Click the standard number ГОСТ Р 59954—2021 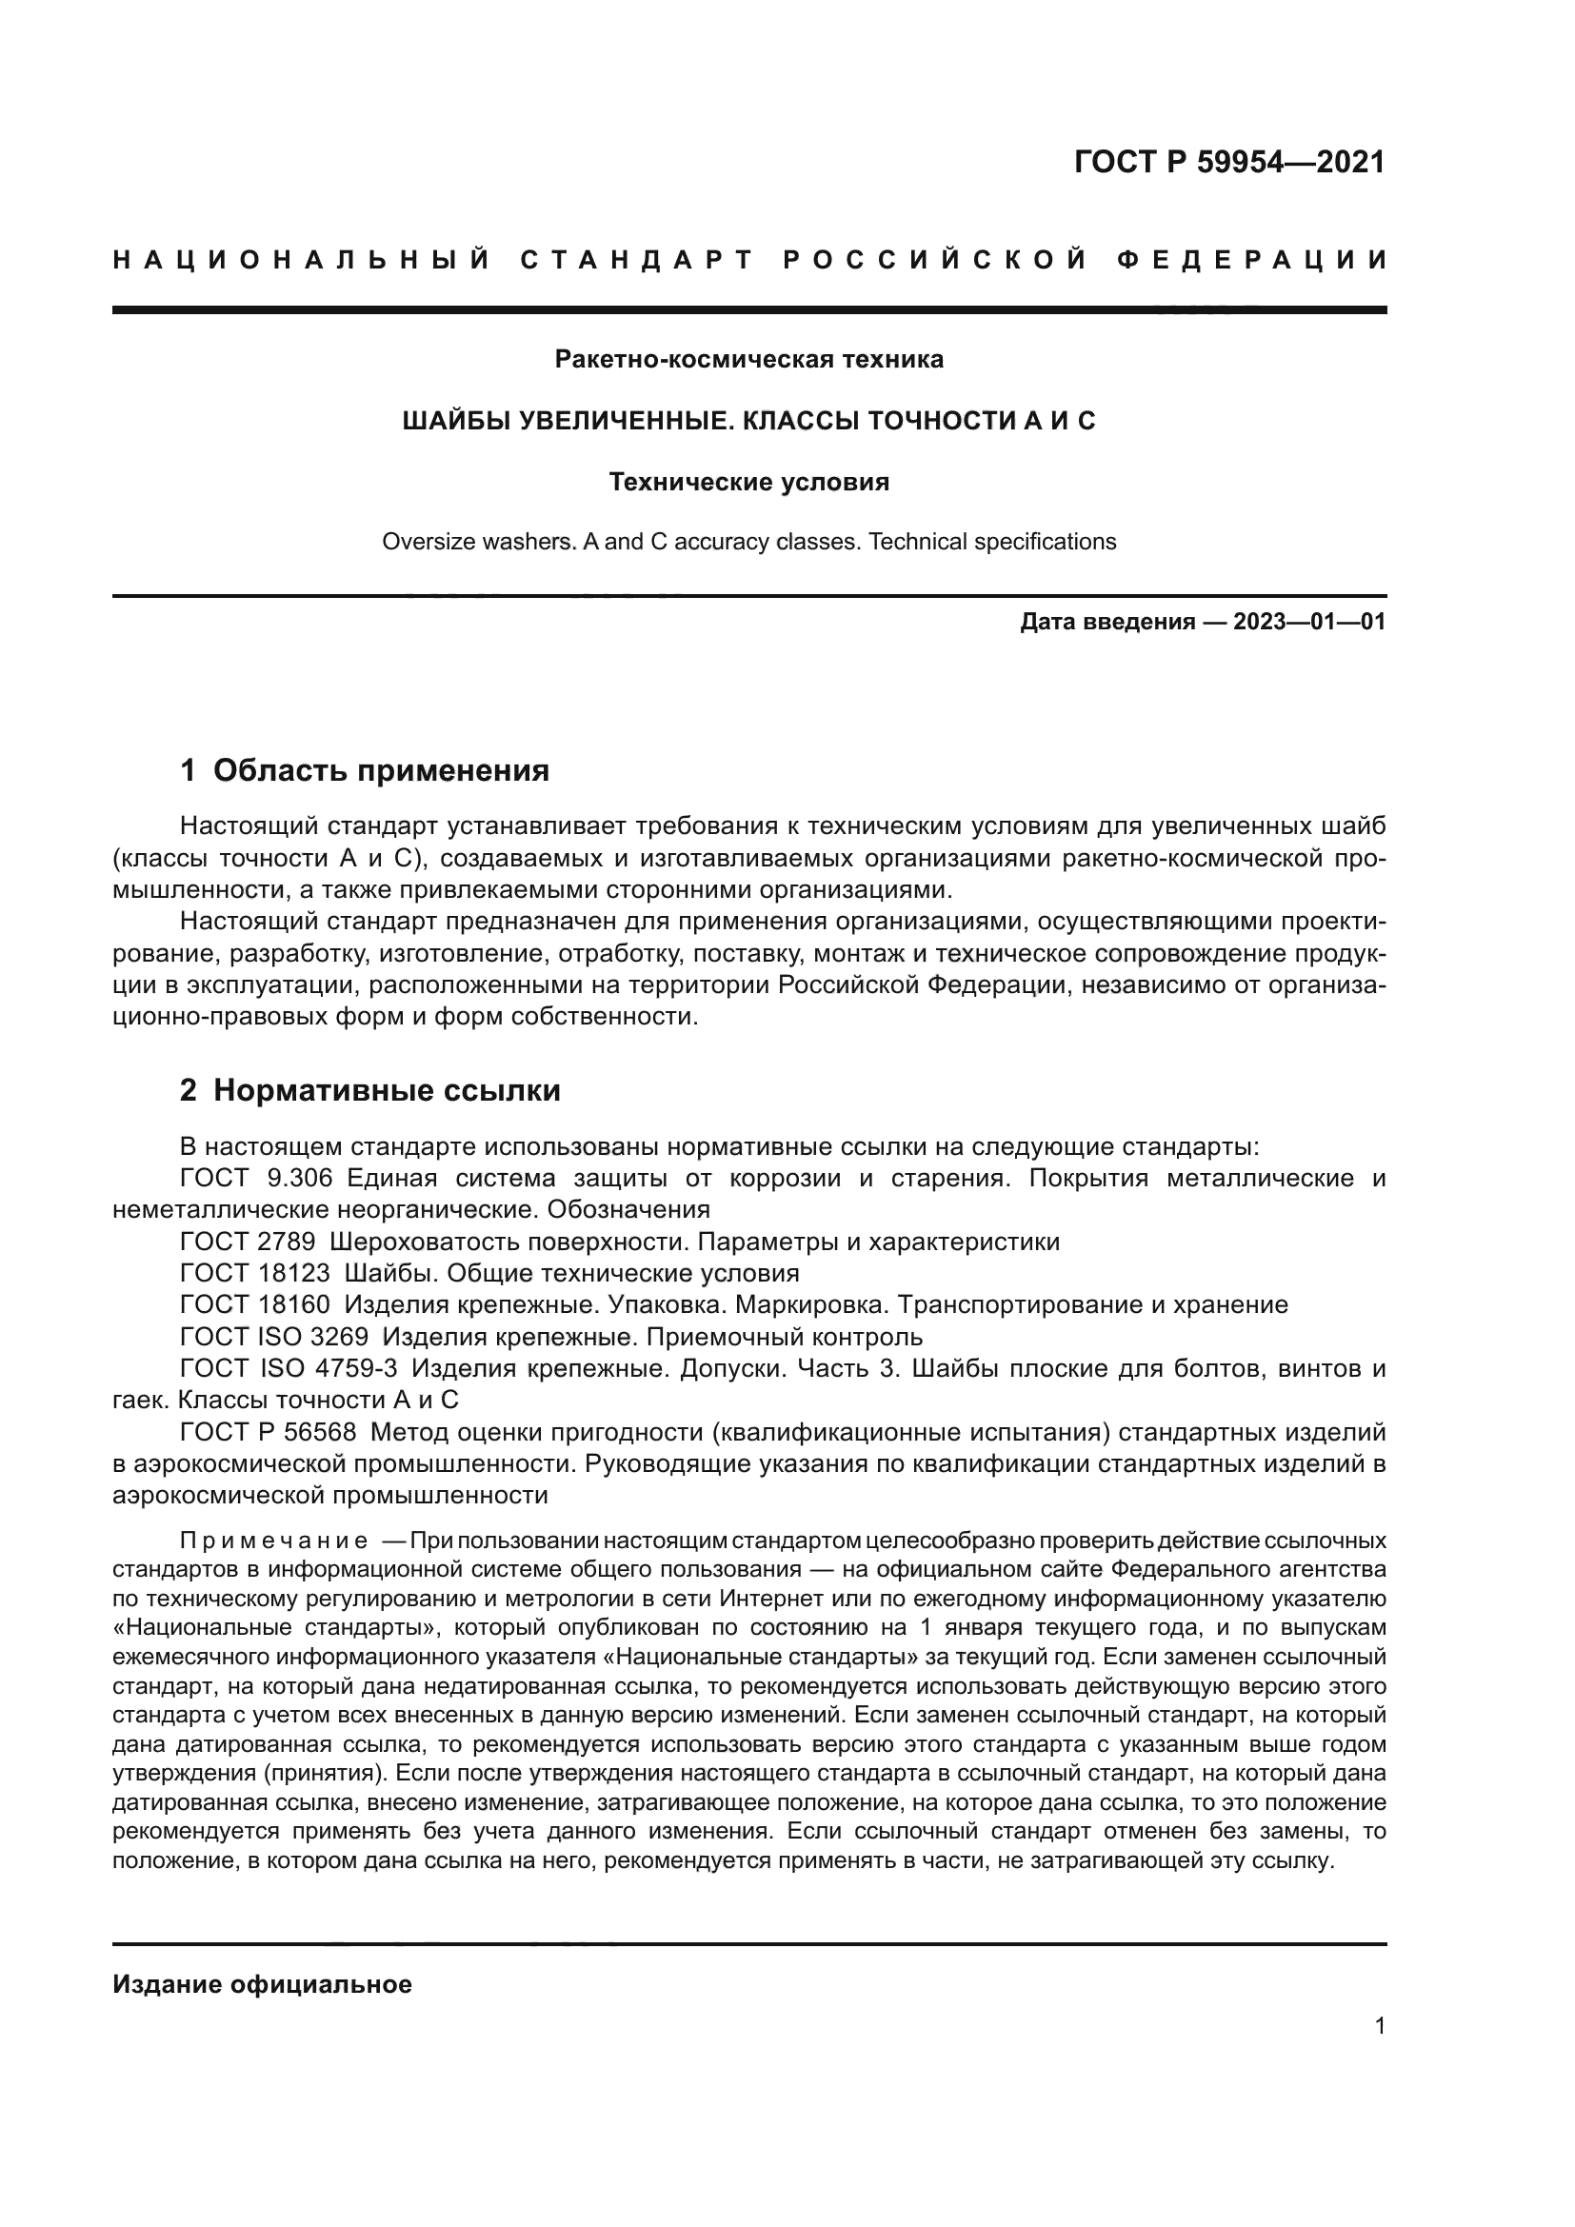coord(1228,162)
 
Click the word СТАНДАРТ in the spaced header coord(636,260)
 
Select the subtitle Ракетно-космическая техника coord(748,360)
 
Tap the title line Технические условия coord(748,482)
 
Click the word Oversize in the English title coord(423,542)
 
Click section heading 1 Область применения coord(365,771)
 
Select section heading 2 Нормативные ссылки coord(370,1091)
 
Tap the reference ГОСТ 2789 coord(248,1243)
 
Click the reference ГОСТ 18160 coord(255,1305)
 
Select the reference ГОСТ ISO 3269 coord(274,1338)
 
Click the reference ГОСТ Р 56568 coord(269,1433)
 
